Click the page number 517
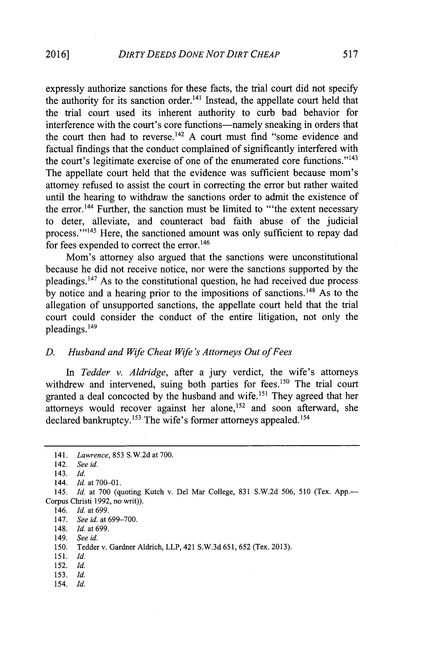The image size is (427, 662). (350, 54)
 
